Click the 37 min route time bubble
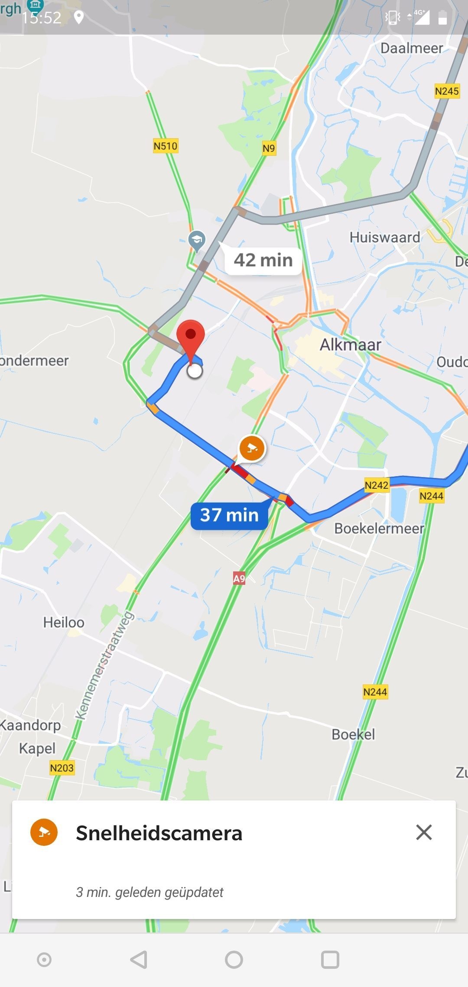coord(229,515)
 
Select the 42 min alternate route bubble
coord(263,261)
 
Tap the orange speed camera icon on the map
coord(252,448)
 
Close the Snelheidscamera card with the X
coord(424,832)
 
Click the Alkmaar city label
coord(350,345)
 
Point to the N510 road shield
coord(166,146)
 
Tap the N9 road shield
coord(269,148)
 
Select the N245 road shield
coord(447,91)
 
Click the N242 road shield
coord(376,485)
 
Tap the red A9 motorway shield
coord(239,578)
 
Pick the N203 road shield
coord(62,768)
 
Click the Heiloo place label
coord(64,623)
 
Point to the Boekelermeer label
coord(379,529)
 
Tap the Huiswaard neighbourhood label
coord(385,237)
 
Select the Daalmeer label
coord(412,48)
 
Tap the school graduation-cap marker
coord(197,240)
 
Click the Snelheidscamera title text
coord(159,833)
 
